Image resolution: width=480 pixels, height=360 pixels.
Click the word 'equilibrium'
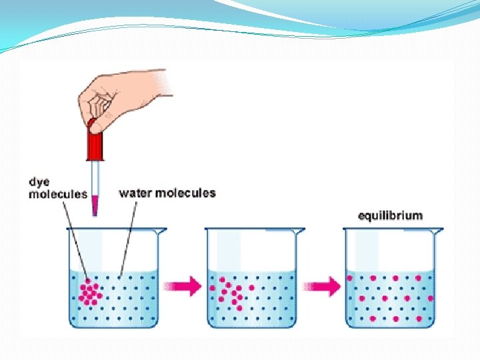click(390, 215)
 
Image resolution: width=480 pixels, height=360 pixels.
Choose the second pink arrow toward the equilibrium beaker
click(321, 287)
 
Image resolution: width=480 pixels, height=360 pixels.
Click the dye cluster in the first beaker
click(90, 292)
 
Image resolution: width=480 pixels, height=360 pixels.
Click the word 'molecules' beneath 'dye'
click(58, 194)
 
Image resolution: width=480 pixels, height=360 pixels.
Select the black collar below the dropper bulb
click(95, 158)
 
